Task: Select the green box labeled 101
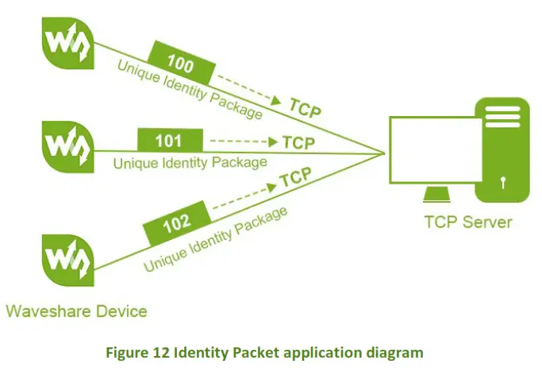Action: (168, 141)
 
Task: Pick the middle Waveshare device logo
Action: (66, 145)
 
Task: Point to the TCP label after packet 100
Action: (306, 107)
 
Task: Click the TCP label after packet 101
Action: (298, 143)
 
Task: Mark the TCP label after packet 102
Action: (295, 176)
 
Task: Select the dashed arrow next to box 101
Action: (238, 143)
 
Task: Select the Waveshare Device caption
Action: (76, 310)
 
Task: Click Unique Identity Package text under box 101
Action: (190, 163)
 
